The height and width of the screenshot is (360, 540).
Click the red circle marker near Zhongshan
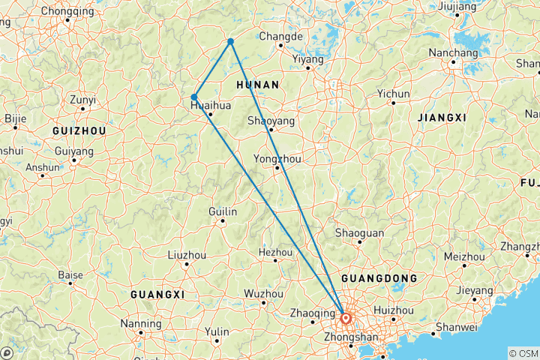pos(346,318)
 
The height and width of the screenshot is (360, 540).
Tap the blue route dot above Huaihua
pos(194,97)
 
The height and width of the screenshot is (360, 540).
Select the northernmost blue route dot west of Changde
pos(230,41)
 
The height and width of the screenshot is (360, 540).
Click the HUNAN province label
pos(257,85)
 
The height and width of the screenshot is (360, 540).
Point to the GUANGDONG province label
pos(379,278)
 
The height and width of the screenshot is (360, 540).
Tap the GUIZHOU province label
pos(79,130)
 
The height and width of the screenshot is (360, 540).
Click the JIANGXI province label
pos(442,118)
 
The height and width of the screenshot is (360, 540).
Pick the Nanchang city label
pos(453,53)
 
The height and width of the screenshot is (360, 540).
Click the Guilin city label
pos(223,212)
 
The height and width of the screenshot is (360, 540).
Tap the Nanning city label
pos(140,323)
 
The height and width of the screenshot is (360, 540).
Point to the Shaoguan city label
pos(359,232)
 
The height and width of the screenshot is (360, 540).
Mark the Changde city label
pos(280,36)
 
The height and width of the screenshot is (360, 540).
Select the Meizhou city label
pos(464,256)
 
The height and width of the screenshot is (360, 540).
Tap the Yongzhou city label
pos(277,159)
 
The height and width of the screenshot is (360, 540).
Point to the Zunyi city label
pos(82,99)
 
